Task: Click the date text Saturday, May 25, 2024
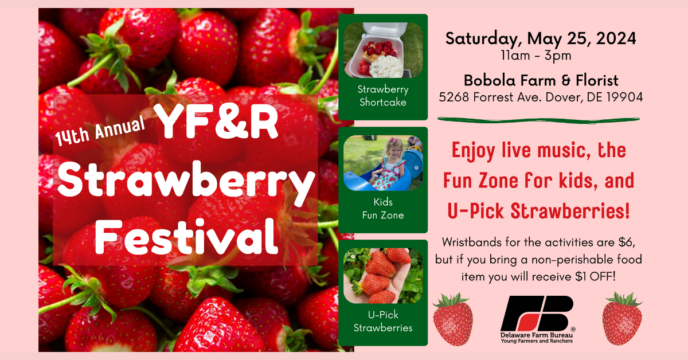pos(541,39)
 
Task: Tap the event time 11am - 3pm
pos(536,56)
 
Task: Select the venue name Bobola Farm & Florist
pos(541,80)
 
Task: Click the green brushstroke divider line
pos(538,120)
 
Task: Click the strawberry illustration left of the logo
pos(453,319)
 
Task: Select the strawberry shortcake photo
pos(383,50)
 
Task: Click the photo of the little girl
pos(383,163)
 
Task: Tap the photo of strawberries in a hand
pos(383,276)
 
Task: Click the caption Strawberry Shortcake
pos(383,96)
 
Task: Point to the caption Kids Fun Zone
pos(383,209)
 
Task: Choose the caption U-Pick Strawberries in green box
pos(383,321)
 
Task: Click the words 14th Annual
pos(100,131)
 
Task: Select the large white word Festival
pos(187,237)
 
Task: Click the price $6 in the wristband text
pos(627,242)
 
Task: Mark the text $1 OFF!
pos(596,276)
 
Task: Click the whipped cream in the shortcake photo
pos(385,66)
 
